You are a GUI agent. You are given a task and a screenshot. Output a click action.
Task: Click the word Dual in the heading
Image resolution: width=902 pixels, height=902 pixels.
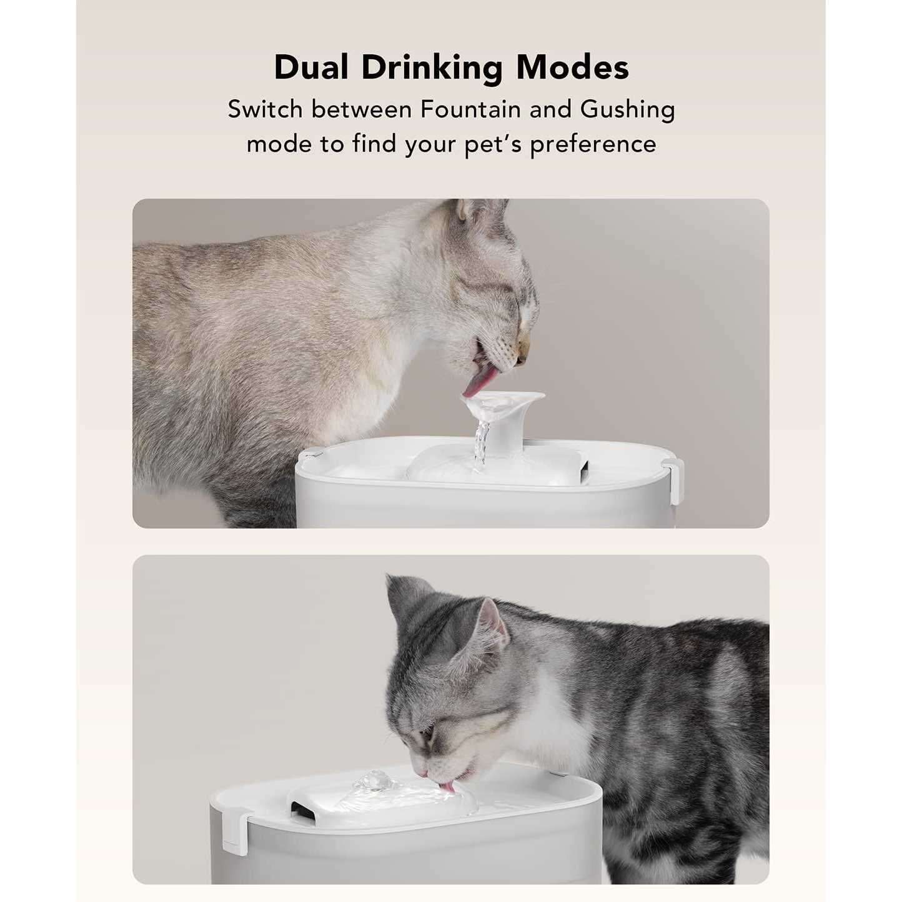click(x=311, y=68)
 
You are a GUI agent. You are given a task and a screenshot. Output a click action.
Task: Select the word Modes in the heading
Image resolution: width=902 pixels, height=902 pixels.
click(x=572, y=68)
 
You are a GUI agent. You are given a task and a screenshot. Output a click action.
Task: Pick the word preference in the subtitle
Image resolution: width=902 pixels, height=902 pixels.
click(x=593, y=145)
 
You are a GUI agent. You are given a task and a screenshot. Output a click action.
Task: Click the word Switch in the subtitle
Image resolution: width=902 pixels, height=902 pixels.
click(x=265, y=110)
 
